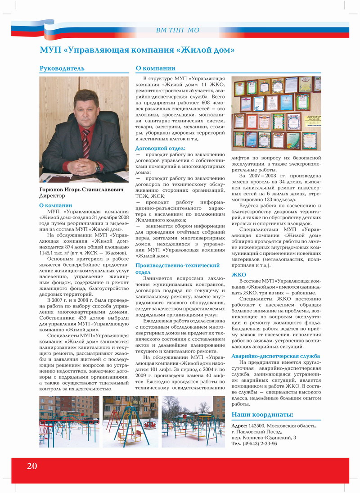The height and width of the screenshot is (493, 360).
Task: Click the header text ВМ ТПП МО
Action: [x=177, y=30]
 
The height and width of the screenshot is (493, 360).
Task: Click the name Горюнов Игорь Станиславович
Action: [x=81, y=190]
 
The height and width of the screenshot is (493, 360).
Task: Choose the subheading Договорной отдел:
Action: [x=160, y=148]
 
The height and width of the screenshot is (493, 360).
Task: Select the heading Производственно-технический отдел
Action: [x=177, y=269]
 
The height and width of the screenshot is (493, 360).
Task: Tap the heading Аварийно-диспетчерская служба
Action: [x=275, y=356]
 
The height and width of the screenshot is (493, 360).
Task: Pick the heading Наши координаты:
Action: [x=262, y=414]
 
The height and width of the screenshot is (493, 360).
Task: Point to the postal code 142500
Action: [x=257, y=425]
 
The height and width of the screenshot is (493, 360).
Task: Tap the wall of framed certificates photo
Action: [x=276, y=113]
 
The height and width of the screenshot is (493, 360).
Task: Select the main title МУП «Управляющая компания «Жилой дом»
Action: [x=137, y=50]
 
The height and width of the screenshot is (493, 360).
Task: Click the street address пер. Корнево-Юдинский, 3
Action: [x=264, y=438]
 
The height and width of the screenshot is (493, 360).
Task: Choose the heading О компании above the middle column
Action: [x=155, y=68]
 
